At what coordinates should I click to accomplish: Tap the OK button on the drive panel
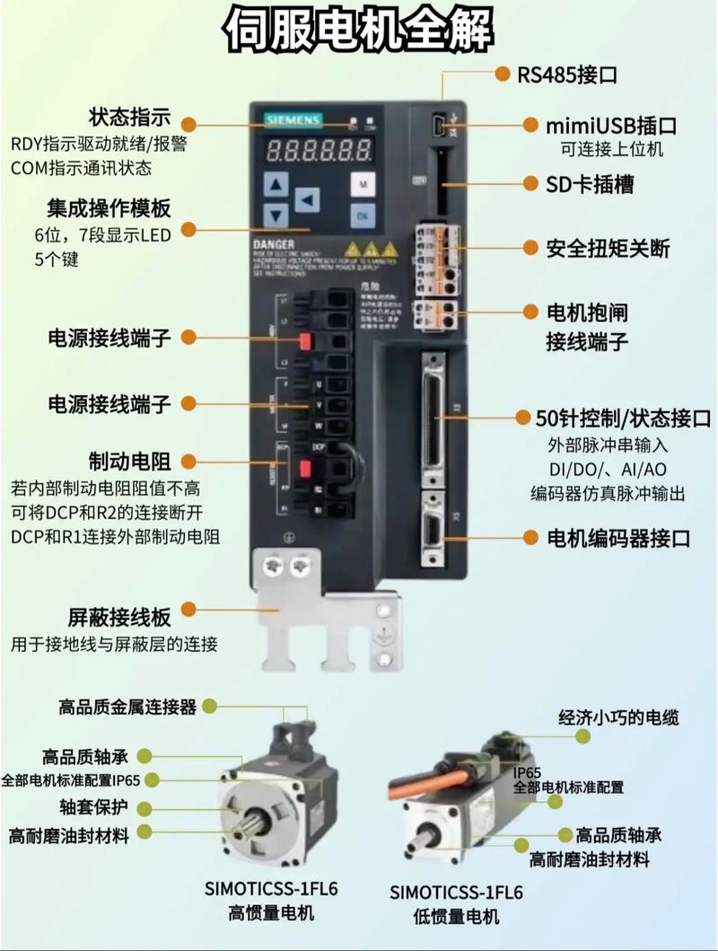363,216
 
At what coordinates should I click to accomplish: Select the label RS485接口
566,75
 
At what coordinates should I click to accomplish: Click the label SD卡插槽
590,184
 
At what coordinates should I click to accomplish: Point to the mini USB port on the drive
438,124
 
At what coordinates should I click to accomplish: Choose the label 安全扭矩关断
608,248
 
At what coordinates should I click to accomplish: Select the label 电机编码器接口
618,538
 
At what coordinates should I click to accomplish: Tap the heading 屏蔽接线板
119,617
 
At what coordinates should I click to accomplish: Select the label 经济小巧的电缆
619,717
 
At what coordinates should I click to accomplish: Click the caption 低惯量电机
456,917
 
